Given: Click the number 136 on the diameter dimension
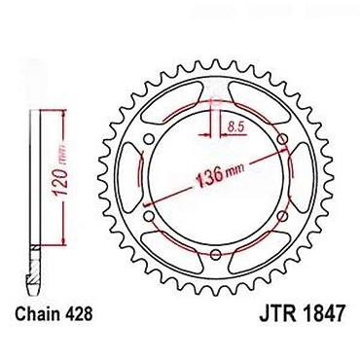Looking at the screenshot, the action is pos(210,178).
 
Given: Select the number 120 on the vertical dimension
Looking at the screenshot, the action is pos(60,182).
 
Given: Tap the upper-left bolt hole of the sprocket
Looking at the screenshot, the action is pos(149,139).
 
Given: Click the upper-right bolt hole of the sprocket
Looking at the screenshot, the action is pos(283,139).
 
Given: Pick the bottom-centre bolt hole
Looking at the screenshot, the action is pos(216,254).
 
